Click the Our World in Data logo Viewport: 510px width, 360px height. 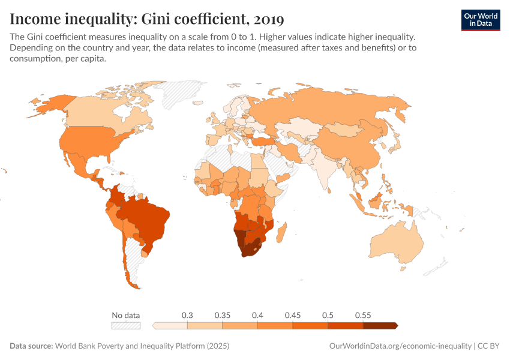click(x=480, y=20)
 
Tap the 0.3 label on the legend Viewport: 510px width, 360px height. click(x=187, y=315)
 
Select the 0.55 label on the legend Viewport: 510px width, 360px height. click(x=363, y=315)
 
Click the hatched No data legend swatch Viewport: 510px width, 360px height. click(x=125, y=326)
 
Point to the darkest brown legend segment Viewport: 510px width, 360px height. click(x=380, y=326)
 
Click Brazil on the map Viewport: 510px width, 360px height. click(x=147, y=219)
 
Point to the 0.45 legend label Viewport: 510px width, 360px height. click(x=293, y=315)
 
